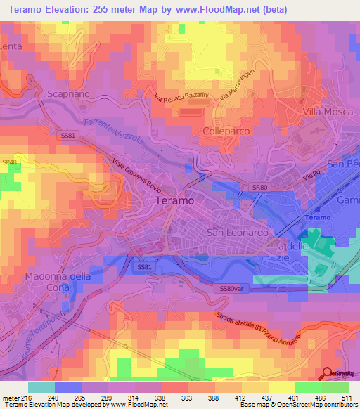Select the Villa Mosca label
click(x=326, y=111)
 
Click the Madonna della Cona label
click(x=58, y=282)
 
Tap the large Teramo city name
click(x=173, y=200)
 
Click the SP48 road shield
click(x=9, y=162)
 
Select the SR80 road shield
click(x=260, y=187)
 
